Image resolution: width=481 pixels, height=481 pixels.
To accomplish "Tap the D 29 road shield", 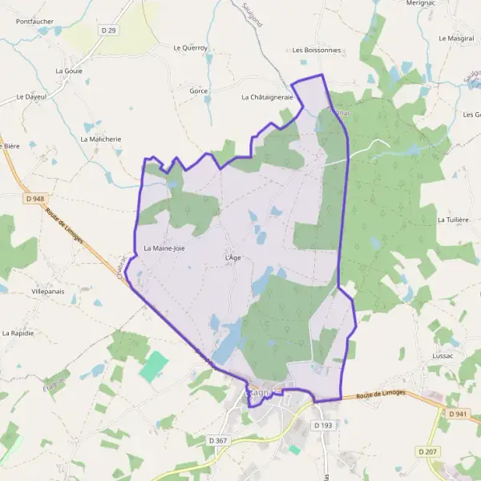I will point(109,30).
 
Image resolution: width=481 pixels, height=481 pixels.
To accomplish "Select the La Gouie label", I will point(69,71).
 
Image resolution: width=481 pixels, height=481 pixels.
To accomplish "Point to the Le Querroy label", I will point(191,48).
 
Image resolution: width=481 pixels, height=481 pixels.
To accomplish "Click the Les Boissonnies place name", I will point(317,50).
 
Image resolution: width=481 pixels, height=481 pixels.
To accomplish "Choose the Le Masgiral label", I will point(456,38).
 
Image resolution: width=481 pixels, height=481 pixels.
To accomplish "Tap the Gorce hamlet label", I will point(199,91).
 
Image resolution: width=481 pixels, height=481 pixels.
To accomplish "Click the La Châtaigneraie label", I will point(268,97).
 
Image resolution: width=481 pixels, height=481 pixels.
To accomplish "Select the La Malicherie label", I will point(101,139).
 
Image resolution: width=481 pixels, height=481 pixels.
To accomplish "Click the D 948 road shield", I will point(34,198).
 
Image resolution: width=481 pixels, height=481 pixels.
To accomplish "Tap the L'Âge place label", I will point(232,257).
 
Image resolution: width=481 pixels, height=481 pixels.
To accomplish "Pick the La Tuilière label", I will point(453,219).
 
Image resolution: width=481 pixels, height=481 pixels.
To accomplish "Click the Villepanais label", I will point(48,291).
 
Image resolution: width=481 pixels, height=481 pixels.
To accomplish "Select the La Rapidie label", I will point(18,333).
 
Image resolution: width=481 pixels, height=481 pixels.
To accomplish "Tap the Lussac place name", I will point(443,355).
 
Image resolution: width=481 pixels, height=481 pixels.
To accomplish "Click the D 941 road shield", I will point(459,414).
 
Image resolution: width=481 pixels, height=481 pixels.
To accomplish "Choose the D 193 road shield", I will point(323,425).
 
